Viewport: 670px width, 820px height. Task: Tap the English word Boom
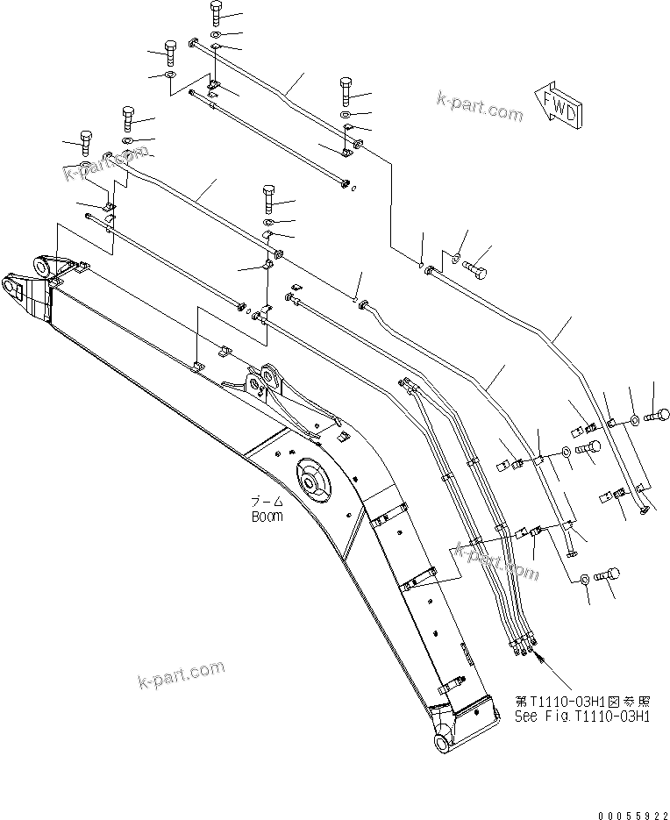pyautogui.click(x=267, y=517)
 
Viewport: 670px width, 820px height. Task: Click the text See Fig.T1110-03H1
pyautogui.click(x=581, y=716)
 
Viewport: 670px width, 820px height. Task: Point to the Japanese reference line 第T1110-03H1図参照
pyautogui.click(x=581, y=702)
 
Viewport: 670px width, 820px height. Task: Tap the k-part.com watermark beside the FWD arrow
pyautogui.click(x=479, y=107)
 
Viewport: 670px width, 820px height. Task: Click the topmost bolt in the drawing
pyautogui.click(x=217, y=13)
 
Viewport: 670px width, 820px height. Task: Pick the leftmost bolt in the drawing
pyautogui.click(x=85, y=140)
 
